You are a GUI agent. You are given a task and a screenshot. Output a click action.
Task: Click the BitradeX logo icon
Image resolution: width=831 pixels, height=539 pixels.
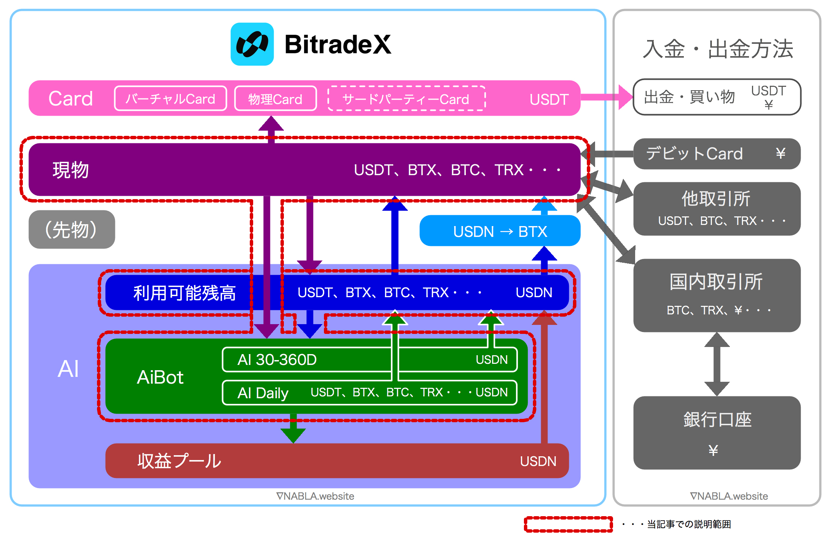pos(252,44)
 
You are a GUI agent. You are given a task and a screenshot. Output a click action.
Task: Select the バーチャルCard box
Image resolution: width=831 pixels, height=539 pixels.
pos(170,99)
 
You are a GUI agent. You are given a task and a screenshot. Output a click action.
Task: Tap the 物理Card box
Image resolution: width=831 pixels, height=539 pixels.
pos(275,99)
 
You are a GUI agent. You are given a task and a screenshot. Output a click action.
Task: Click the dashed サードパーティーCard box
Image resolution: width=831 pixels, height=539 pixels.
pos(406,99)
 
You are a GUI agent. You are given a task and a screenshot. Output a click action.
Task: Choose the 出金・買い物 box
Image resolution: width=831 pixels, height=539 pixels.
pos(716,97)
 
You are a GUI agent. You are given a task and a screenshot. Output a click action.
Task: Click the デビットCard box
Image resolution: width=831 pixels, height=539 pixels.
pos(716,154)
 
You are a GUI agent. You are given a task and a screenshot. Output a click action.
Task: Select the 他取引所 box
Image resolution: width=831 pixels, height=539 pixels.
pos(716,208)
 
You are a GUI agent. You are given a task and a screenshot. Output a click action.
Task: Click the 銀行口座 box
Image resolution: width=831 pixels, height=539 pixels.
pos(716,432)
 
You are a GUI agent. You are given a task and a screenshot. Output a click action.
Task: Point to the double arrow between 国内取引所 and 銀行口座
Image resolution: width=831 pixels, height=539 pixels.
pos(717,364)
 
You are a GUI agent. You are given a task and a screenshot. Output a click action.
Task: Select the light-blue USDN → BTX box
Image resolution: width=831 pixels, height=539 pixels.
pos(500,231)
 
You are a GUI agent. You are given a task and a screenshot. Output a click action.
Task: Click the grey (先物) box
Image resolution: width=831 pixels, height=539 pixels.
pos(72,229)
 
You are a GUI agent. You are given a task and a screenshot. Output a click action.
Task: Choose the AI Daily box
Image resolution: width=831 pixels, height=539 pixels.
pos(369,393)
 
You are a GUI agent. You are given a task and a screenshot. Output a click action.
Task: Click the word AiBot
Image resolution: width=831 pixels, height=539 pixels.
pos(160,377)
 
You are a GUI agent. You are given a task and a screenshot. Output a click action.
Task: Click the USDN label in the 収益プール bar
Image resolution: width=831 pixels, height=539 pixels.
pos(538,461)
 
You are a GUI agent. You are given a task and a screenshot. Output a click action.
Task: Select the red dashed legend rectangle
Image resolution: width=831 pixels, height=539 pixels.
pos(568,524)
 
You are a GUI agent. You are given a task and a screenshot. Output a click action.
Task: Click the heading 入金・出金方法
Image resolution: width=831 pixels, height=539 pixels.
pos(718,49)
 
